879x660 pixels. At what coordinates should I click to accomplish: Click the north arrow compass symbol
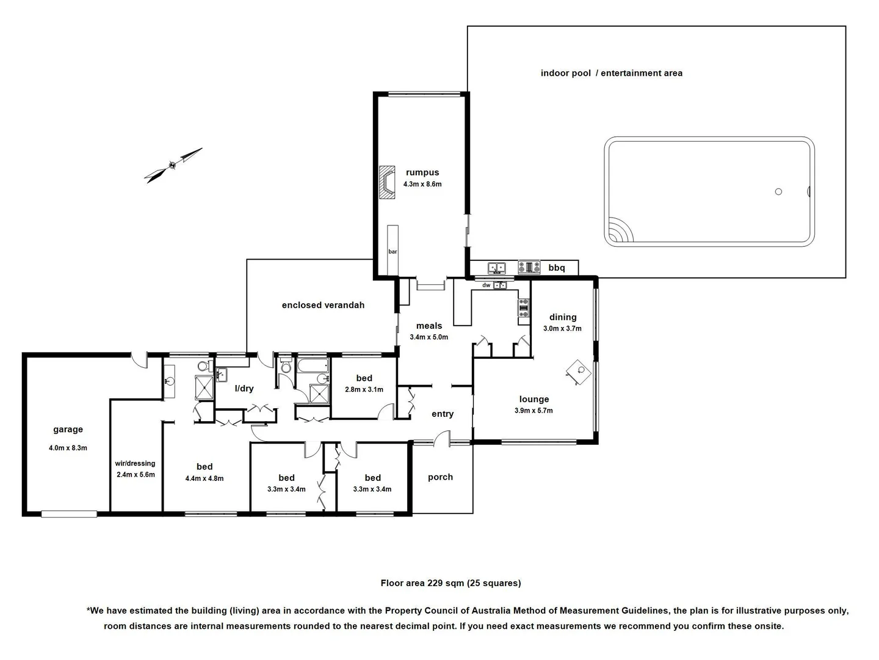[x=173, y=164]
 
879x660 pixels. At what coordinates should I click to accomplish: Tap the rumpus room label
[x=422, y=172]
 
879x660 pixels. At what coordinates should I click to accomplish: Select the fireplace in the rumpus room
[x=387, y=182]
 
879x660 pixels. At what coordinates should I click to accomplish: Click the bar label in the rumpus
[x=392, y=252]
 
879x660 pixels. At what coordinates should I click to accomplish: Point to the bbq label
[x=556, y=268]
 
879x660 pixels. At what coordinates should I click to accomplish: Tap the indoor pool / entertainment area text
[x=611, y=73]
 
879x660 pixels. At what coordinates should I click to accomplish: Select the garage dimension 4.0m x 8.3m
[x=68, y=448]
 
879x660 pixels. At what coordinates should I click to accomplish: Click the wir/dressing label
[x=135, y=463]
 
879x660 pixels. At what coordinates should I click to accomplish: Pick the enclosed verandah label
[x=323, y=305]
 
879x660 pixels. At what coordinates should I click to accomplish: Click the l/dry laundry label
[x=244, y=388]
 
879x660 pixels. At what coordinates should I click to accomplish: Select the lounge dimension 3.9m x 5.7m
[x=534, y=411]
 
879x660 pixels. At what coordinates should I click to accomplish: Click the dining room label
[x=562, y=317]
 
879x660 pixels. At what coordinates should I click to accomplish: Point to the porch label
[x=440, y=477]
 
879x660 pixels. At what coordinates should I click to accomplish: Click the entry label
[x=443, y=414]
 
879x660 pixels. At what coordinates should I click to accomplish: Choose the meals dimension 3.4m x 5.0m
[x=429, y=337]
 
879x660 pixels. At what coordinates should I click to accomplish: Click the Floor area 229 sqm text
[x=450, y=583]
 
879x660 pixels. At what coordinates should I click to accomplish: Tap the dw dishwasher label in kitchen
[x=486, y=285]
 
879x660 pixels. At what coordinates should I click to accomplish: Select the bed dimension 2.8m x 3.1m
[x=364, y=389]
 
